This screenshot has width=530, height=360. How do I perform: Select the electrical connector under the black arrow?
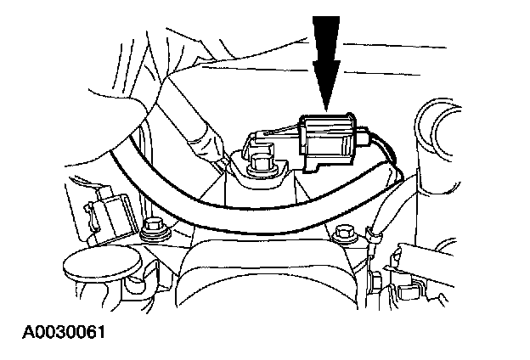[331, 143]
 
